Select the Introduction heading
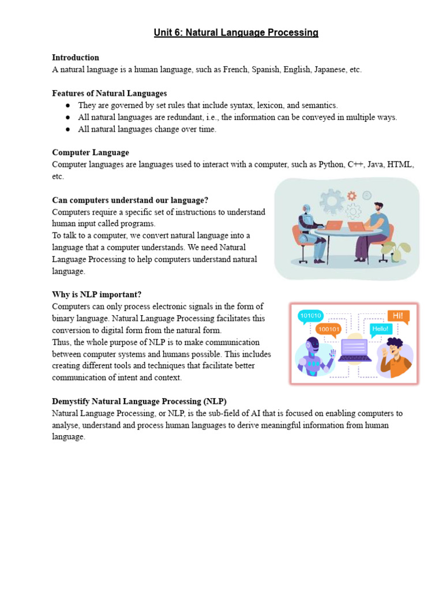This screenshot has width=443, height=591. pos(76,58)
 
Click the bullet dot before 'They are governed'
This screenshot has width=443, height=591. pos(67,106)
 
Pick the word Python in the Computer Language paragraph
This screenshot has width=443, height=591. pos(331,164)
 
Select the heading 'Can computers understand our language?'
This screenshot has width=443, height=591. pos(130,200)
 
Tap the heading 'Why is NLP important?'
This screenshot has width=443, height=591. pos(96,295)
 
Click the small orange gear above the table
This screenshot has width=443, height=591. pos(351,196)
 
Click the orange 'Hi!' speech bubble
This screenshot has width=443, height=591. pos(398,316)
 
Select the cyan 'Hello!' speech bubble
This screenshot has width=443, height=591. pos(381,330)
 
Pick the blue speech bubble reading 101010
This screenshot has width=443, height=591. pos(310,316)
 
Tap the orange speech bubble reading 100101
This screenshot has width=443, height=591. pos(329,329)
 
